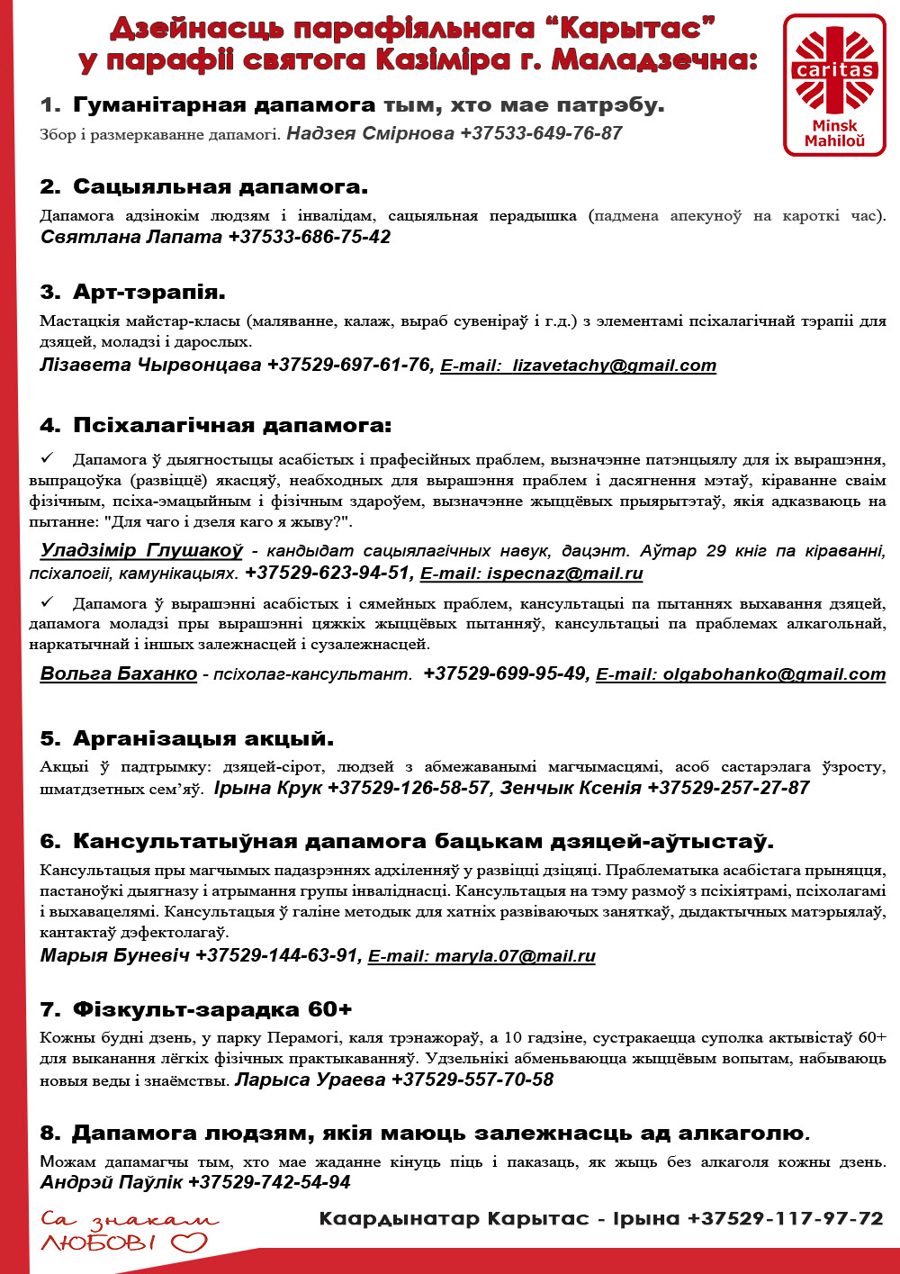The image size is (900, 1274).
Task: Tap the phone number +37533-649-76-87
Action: tap(541, 133)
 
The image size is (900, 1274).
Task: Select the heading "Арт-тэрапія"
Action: tap(148, 292)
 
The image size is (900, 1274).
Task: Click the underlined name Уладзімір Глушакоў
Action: tap(141, 550)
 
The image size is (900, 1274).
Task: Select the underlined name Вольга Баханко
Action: tap(119, 673)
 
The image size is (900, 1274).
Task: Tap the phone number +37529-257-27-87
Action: tap(728, 788)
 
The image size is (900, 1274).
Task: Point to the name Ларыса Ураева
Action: tap(310, 1080)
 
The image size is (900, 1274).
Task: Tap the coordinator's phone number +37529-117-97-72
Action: tap(785, 1219)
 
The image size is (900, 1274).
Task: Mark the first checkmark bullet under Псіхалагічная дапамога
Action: tap(48, 459)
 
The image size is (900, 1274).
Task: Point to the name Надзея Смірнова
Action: tap(370, 133)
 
